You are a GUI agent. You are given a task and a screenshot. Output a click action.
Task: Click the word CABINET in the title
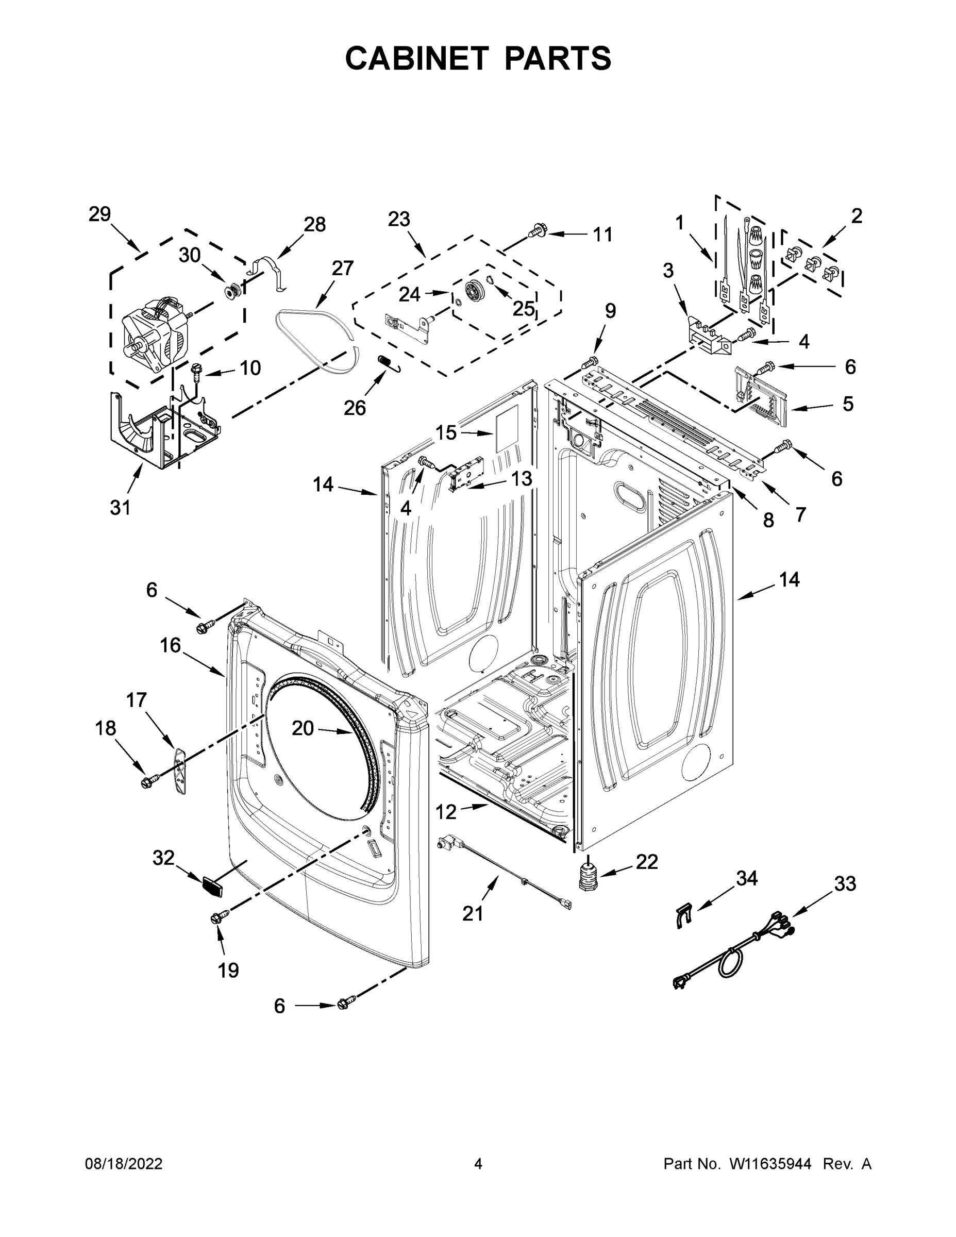tap(417, 58)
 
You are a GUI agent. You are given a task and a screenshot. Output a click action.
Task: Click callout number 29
tap(99, 214)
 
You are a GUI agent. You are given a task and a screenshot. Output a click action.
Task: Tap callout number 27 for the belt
tap(343, 268)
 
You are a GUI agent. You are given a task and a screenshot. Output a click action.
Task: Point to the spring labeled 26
tap(388, 362)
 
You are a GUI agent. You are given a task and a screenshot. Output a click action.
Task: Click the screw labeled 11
tap(539, 230)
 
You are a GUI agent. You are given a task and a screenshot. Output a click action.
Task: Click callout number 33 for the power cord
tap(845, 883)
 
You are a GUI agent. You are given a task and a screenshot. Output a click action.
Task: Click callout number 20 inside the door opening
tap(303, 728)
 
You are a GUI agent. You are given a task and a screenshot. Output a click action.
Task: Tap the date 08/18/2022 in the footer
tap(124, 1164)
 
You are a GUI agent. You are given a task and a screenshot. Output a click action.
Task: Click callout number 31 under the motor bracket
tap(120, 508)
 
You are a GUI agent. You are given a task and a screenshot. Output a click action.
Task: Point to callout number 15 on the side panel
tap(446, 433)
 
